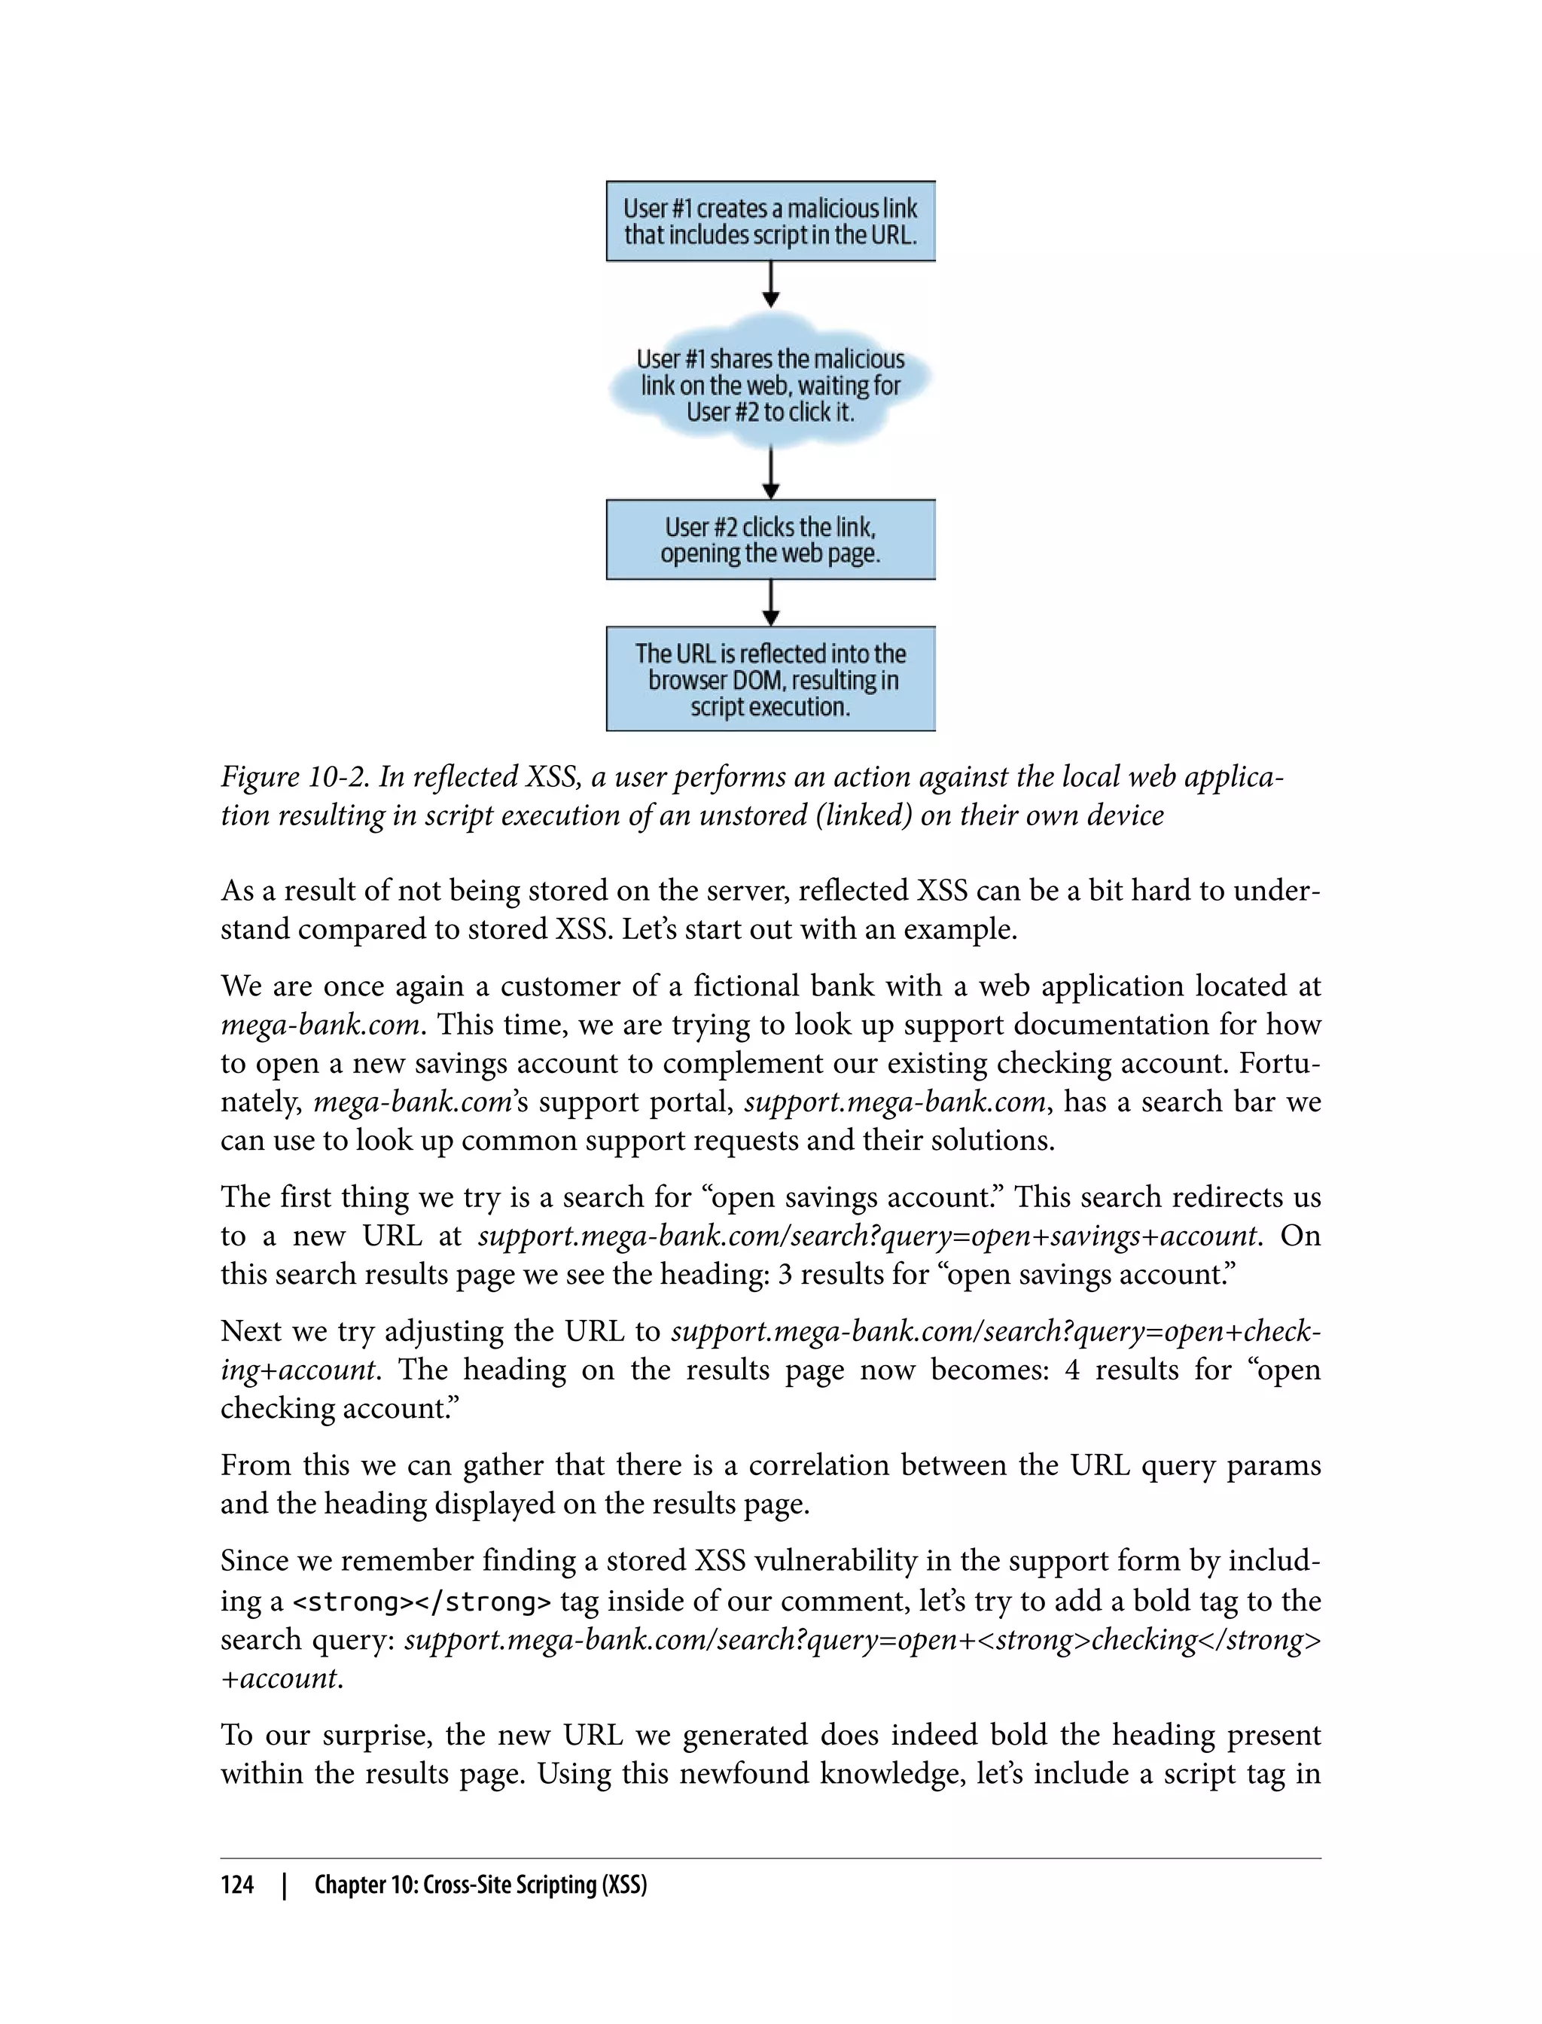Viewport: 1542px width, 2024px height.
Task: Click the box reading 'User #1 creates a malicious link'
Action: pyautogui.click(x=770, y=221)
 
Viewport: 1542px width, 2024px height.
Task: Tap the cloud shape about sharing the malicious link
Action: pyautogui.click(x=770, y=386)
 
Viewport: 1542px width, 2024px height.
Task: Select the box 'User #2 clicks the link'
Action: pyautogui.click(x=770, y=540)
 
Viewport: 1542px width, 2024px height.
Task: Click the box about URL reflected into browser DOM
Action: pyautogui.click(x=770, y=679)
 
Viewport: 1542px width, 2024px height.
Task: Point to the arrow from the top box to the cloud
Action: pyautogui.click(x=771, y=285)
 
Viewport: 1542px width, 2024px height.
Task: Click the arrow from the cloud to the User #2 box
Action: pyautogui.click(x=771, y=474)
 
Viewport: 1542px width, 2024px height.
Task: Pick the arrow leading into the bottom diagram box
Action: pyautogui.click(x=771, y=603)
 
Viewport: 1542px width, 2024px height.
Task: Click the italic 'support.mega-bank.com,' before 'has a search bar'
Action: pyautogui.click(x=895, y=1102)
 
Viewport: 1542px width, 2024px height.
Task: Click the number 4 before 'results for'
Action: pyautogui.click(x=1071, y=1370)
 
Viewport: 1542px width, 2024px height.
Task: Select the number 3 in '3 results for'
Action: pyautogui.click(x=785, y=1275)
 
